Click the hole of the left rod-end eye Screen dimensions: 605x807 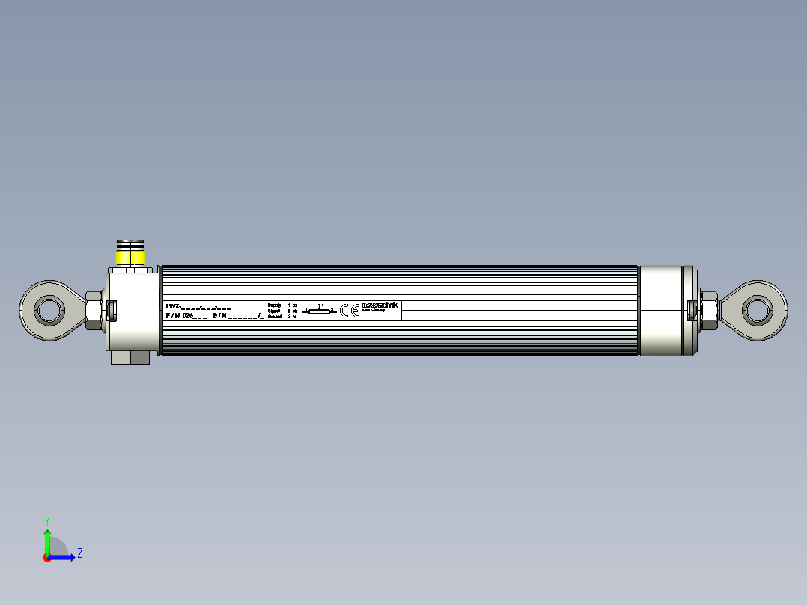coord(49,308)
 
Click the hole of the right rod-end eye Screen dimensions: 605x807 coord(757,308)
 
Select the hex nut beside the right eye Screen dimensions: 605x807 coord(708,309)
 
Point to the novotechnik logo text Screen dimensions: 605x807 coord(380,305)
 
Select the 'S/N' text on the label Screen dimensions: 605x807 coord(220,316)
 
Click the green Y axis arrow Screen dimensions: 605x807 coord(47,540)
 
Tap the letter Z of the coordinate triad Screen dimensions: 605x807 coord(79,553)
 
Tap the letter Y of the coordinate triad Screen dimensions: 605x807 coord(47,519)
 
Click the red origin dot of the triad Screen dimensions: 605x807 coord(46,558)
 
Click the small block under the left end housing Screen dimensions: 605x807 coord(131,359)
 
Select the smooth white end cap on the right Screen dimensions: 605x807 coord(663,309)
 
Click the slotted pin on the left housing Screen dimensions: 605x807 coord(112,308)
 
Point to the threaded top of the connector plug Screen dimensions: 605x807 coord(131,245)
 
